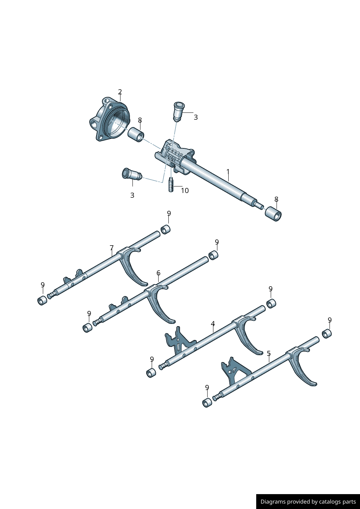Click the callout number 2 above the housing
120,92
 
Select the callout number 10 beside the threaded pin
185,190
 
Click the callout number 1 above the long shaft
228,171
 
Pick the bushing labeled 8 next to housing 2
136,135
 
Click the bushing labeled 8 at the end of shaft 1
273,214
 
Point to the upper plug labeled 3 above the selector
179,111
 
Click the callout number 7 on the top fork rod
111,248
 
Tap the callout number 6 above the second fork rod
158,273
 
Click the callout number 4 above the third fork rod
213,324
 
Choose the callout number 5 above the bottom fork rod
269,353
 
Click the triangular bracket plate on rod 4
178,341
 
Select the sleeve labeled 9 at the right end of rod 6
213,255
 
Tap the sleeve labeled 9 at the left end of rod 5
207,403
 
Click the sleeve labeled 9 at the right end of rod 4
271,303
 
